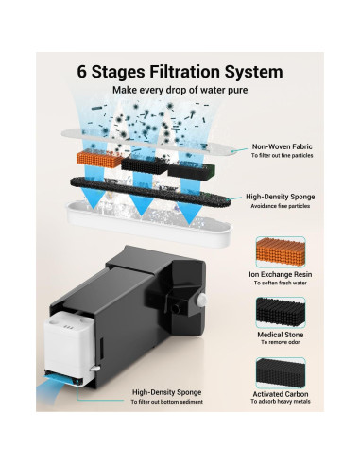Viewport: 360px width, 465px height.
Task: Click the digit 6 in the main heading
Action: click(81, 72)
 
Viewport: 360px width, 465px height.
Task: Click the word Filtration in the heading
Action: click(184, 72)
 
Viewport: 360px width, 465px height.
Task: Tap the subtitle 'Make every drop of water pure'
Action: click(180, 90)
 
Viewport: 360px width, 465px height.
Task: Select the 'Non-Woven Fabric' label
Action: click(282, 146)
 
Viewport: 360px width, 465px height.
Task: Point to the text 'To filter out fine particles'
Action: click(282, 155)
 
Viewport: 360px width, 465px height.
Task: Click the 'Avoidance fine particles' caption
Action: click(280, 206)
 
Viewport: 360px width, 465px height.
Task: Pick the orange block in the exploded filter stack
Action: click(99, 159)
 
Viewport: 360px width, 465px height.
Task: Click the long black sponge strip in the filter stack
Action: click(150, 192)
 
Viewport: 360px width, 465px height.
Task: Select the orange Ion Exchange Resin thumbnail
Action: click(281, 252)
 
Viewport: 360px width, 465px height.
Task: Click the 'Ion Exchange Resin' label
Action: click(280, 274)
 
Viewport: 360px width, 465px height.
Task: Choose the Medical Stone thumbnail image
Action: click(281, 313)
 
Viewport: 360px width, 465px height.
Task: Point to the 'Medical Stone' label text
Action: click(281, 335)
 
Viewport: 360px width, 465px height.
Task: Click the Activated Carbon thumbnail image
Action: click(281, 373)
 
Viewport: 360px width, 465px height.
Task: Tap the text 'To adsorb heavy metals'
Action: click(281, 401)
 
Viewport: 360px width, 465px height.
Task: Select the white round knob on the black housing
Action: click(202, 300)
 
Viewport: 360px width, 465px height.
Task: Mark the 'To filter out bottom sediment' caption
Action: click(167, 402)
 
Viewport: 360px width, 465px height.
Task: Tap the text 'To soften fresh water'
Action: click(281, 283)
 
